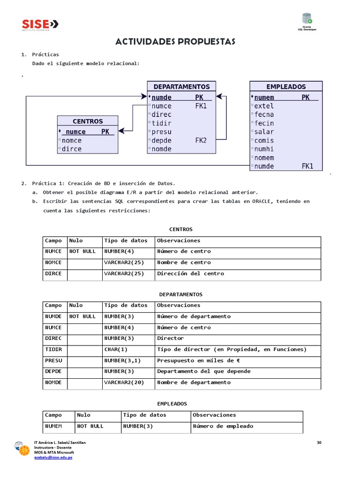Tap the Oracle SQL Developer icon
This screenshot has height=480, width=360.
tap(307, 20)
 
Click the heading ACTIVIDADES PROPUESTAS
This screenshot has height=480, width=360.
tap(175, 42)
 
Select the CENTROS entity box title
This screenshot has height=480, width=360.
tap(88, 121)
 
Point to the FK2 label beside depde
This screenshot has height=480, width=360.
tap(201, 141)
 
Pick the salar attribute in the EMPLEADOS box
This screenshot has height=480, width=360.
tap(264, 132)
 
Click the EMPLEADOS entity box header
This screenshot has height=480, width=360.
tap(286, 87)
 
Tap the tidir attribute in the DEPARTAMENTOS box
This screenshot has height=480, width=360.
tap(162, 123)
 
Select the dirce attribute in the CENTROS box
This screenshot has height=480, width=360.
tap(72, 149)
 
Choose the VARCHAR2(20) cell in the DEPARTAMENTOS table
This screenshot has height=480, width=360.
tap(124, 382)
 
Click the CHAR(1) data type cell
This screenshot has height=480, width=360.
tap(116, 349)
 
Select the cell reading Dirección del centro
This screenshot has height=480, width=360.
tap(190, 273)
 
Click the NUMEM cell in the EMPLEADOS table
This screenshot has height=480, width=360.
tap(53, 426)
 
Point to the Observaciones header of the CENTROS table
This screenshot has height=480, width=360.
tap(179, 240)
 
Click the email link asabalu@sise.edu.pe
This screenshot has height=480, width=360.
tap(53, 457)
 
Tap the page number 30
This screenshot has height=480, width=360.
tap(319, 442)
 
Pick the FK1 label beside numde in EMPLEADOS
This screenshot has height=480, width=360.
tap(307, 166)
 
